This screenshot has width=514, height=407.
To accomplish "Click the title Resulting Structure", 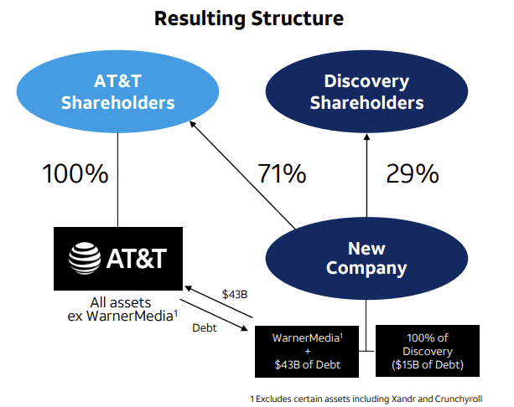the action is [x=249, y=18].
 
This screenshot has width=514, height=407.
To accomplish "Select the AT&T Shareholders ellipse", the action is [x=117, y=91].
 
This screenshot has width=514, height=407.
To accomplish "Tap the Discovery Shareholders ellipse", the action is [x=366, y=91].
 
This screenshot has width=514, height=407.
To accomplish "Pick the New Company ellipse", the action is [x=366, y=258].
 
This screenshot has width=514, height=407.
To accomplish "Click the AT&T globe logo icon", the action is [x=85, y=258].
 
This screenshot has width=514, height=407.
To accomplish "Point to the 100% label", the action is [x=75, y=173].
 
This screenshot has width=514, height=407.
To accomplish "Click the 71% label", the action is [x=282, y=173].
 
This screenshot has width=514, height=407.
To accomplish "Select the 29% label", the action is [x=413, y=173].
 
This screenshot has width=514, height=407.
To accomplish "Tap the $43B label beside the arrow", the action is [x=235, y=294].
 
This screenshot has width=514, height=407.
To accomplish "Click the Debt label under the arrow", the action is [x=205, y=327].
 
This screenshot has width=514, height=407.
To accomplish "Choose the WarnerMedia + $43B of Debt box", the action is [x=307, y=352].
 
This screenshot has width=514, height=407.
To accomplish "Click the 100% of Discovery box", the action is [x=428, y=351].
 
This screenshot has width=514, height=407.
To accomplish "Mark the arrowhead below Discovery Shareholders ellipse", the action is [x=366, y=137].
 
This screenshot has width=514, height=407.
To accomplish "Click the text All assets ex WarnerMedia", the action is [x=122, y=309].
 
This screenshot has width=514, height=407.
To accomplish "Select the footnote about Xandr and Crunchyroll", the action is [x=366, y=399].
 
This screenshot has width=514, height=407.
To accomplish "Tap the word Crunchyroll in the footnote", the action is [x=459, y=399].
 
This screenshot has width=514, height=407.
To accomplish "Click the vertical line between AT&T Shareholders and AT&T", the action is [x=117, y=180].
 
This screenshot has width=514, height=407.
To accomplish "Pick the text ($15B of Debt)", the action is [x=428, y=365].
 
